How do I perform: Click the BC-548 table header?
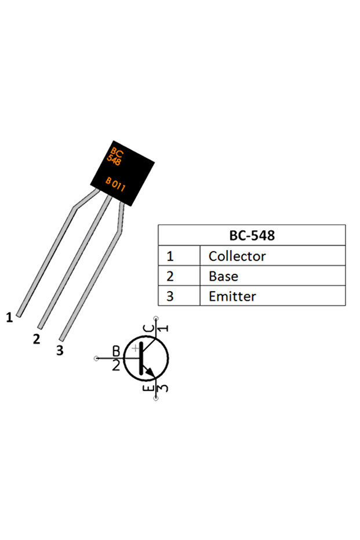(252, 235)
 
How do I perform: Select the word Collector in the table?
(237, 256)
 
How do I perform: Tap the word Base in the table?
(223, 276)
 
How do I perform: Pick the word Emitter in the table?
(232, 296)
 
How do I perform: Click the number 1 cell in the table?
(170, 256)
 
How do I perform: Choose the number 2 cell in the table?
(170, 276)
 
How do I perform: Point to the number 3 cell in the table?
(170, 296)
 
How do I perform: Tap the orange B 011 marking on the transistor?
(119, 184)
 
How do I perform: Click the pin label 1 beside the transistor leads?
(9, 317)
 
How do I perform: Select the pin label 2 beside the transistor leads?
(37, 339)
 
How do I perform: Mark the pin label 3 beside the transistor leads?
(59, 350)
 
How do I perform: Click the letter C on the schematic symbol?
(150, 330)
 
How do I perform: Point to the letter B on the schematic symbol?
(116, 351)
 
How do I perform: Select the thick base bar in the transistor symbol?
(140, 359)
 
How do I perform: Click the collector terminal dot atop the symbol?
(155, 318)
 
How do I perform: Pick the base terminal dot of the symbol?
(96, 358)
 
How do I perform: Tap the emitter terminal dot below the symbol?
(155, 399)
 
